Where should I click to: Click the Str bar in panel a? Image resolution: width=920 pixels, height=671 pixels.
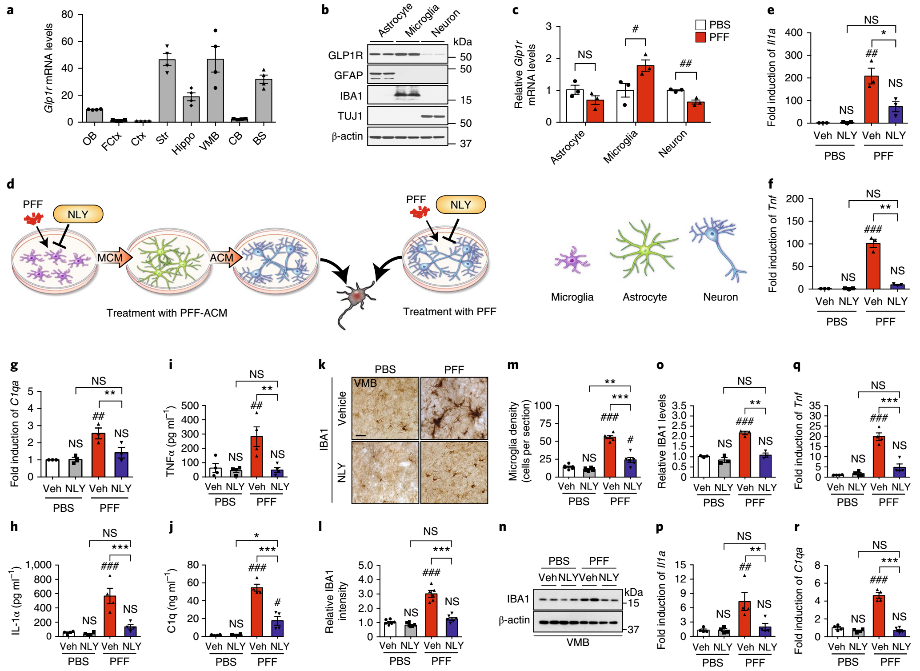click(x=167, y=91)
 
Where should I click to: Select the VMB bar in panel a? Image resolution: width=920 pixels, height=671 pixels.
click(x=215, y=91)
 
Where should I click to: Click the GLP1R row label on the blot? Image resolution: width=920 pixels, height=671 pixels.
click(x=345, y=56)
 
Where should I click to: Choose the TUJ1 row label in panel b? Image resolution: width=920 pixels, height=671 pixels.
click(x=350, y=116)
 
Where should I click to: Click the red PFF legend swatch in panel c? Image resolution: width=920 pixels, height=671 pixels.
click(x=700, y=37)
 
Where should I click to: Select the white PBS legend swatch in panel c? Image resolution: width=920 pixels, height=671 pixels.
click(x=700, y=25)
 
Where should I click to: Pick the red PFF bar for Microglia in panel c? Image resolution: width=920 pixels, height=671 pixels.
click(x=645, y=94)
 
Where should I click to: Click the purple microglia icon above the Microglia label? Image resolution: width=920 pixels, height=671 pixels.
click(x=572, y=260)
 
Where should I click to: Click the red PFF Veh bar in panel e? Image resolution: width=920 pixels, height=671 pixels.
click(x=871, y=100)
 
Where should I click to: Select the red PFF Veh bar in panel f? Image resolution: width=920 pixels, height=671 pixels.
click(x=873, y=267)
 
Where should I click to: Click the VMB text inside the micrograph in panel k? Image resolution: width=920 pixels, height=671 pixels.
click(x=365, y=383)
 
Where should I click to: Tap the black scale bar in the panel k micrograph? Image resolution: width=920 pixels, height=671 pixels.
click(x=361, y=435)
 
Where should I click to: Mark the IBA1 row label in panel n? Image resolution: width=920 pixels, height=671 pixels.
click(x=518, y=599)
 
